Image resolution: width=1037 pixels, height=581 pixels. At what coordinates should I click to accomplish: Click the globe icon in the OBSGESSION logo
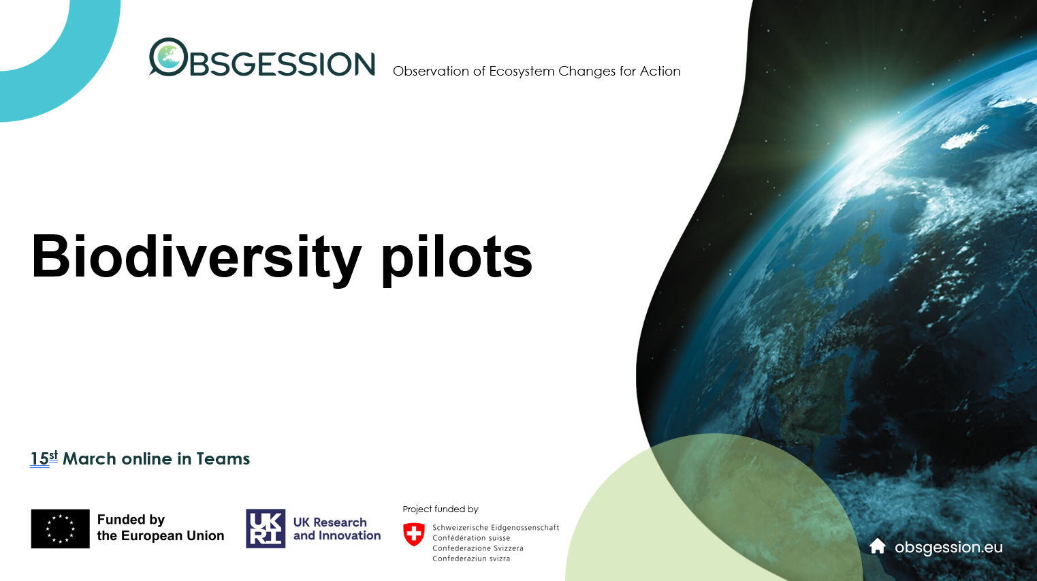[x=168, y=57]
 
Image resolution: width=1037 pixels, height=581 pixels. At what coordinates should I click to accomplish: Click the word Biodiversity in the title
[x=196, y=257]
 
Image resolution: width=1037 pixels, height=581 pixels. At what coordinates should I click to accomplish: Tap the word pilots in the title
[x=456, y=257]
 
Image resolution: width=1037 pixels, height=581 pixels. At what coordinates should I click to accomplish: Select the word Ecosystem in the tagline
[x=522, y=72]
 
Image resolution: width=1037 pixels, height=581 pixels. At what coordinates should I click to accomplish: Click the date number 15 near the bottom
[x=39, y=459]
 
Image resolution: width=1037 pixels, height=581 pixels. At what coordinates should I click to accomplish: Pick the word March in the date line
[x=89, y=459]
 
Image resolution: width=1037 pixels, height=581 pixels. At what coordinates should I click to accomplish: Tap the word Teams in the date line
[x=223, y=459]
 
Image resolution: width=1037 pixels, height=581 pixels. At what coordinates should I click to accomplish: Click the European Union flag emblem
[x=60, y=529]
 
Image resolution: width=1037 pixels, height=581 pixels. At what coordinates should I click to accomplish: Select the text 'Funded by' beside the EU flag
[x=131, y=520]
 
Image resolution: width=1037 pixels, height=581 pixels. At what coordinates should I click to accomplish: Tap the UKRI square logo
[x=266, y=529]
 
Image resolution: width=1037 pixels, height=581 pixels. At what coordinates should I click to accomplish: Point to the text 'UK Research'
[x=330, y=522]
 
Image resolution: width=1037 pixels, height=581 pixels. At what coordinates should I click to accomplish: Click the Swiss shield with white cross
[x=414, y=534]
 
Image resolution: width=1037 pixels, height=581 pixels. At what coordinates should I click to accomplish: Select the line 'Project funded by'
[x=441, y=509]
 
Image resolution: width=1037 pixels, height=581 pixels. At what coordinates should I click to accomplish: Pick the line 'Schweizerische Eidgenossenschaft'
[x=496, y=528]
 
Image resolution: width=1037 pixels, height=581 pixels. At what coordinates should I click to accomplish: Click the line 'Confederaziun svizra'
[x=471, y=559]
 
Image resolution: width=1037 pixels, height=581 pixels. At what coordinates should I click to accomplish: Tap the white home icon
[x=877, y=546]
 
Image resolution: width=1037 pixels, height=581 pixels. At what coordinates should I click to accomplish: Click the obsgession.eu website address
[x=948, y=548]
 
